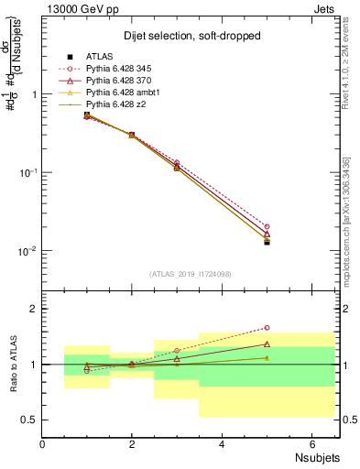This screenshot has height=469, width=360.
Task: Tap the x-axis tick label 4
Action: [x=222, y=445]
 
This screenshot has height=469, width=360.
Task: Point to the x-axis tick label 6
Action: [x=311, y=445]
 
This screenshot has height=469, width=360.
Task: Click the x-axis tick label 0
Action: [x=42, y=445]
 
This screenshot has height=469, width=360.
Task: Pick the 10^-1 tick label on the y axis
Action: [x=26, y=172]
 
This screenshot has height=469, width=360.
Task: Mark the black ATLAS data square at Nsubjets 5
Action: [x=267, y=242]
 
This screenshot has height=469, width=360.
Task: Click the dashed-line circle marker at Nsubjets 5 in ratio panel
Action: [x=267, y=327]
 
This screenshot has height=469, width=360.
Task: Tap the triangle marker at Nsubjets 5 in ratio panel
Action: [x=267, y=344]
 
